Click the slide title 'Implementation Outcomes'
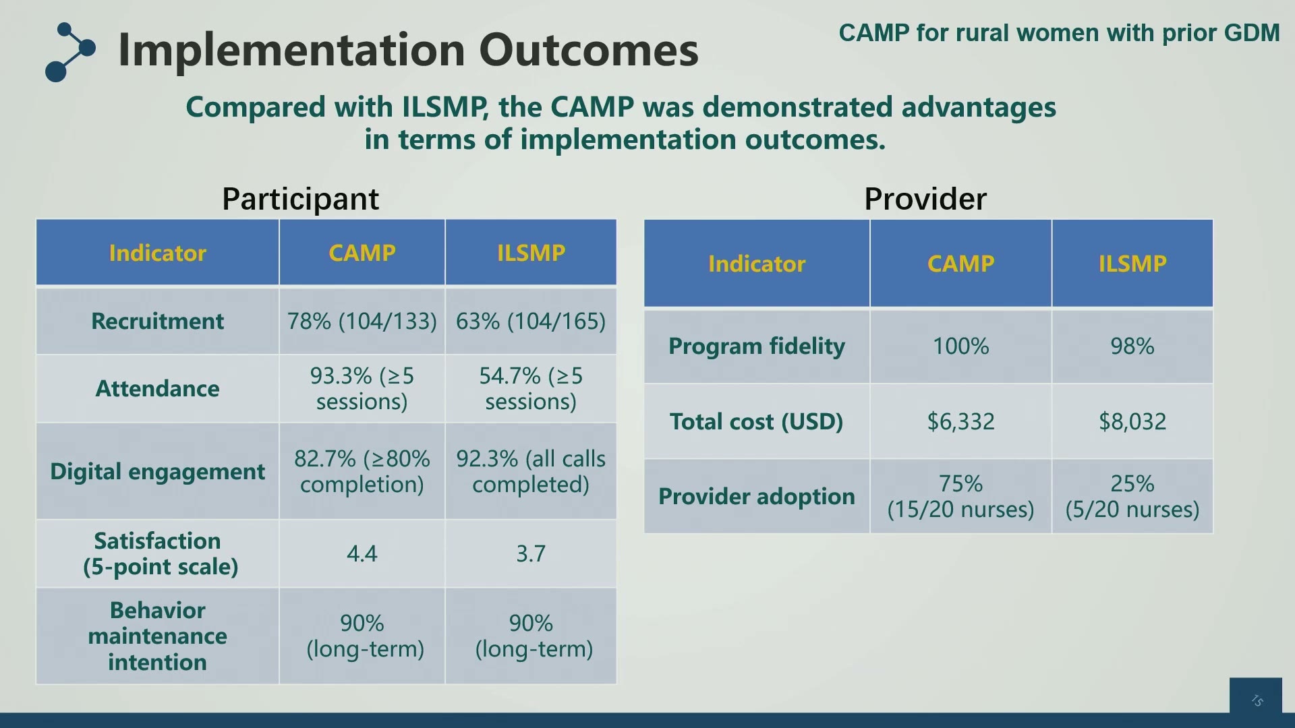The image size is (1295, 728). click(x=408, y=50)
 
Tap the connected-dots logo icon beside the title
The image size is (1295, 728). click(x=70, y=53)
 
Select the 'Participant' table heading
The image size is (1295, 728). click(x=300, y=199)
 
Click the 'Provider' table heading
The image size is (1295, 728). click(x=925, y=199)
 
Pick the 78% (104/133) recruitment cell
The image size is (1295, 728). click(x=362, y=321)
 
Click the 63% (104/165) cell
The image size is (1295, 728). click(x=531, y=321)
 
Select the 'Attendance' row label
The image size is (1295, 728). click(x=157, y=388)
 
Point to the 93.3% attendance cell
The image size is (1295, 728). click(x=362, y=388)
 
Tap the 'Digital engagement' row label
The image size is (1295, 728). click(x=157, y=471)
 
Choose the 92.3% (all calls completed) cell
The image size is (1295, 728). click(x=531, y=471)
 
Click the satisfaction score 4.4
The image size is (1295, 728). click(x=362, y=553)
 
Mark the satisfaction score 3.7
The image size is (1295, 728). click(x=531, y=553)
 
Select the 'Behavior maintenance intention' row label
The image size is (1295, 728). click(x=157, y=636)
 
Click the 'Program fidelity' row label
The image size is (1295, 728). click(x=757, y=346)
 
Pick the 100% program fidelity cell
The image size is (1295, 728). click(x=960, y=346)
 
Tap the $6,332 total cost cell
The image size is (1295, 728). click(x=960, y=421)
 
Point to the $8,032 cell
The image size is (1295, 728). click(x=1132, y=421)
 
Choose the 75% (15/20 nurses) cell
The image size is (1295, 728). click(x=960, y=496)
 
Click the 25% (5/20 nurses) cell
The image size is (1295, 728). click(x=1132, y=496)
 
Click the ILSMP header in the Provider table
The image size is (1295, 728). click(x=1132, y=263)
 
